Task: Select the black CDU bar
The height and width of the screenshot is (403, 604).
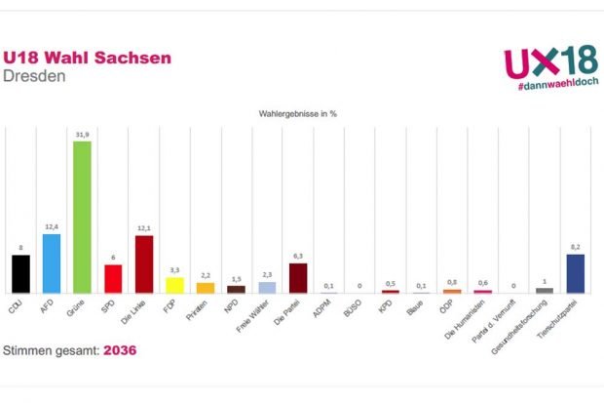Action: (20, 274)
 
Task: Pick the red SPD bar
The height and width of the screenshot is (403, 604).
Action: (113, 279)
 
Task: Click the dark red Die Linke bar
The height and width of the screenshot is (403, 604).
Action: (143, 264)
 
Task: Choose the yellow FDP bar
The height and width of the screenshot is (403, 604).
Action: (174, 285)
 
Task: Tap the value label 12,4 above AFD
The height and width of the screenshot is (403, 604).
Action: (52, 227)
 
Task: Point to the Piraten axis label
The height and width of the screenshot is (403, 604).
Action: (205, 311)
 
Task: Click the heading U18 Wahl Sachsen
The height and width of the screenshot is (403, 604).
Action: (88, 58)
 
